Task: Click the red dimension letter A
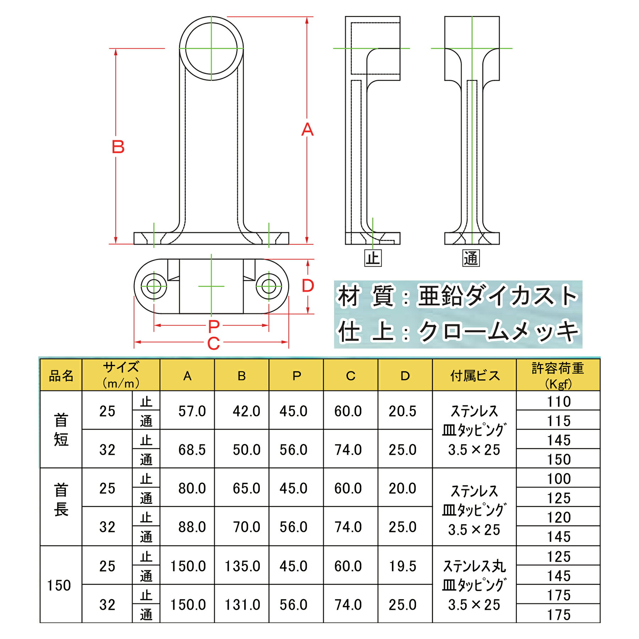[307, 130]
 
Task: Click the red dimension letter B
[118, 147]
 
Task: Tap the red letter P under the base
[214, 326]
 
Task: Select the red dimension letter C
[213, 343]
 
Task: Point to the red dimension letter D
[308, 286]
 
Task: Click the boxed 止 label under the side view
[373, 258]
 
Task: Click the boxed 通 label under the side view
[471, 258]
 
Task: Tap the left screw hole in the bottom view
[154, 286]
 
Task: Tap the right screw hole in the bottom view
[269, 286]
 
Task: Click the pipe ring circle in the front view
[211, 49]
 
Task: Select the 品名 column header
[61, 375]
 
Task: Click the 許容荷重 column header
[558, 375]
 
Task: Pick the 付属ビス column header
[475, 375]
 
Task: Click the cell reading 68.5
[192, 450]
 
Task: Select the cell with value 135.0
[242, 566]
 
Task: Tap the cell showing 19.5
[402, 566]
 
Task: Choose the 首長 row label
[61, 499]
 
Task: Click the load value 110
[558, 402]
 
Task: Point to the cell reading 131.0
[242, 605]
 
